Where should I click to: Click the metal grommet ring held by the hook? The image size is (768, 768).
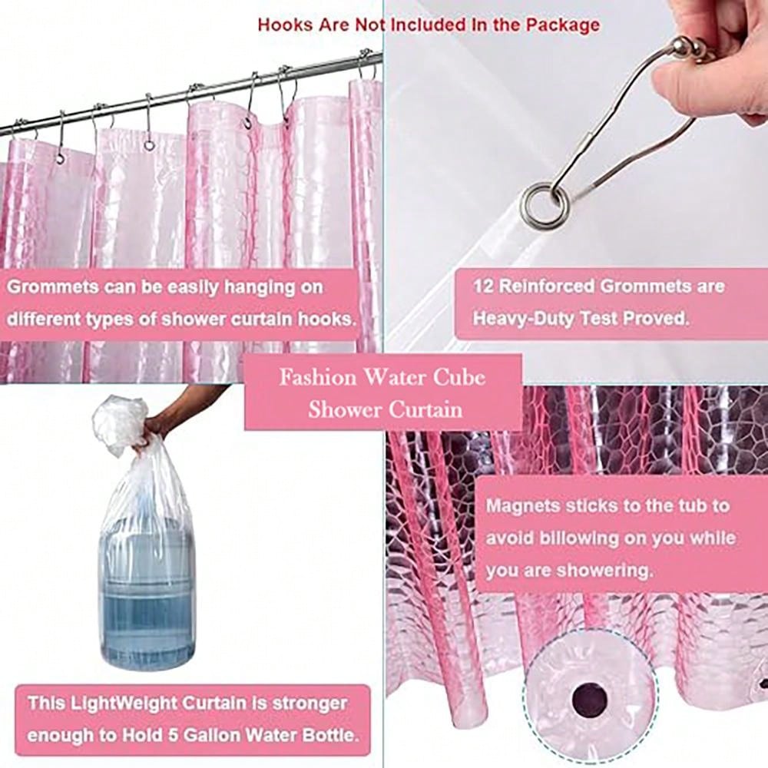click(545, 205)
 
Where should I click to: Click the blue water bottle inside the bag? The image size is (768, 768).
click(147, 593)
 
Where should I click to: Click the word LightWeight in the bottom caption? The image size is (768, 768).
click(124, 703)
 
